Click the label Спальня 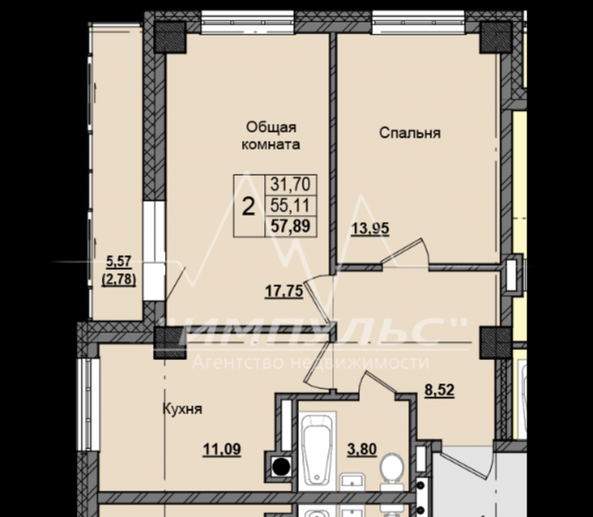tap(410, 133)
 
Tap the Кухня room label tap(182, 409)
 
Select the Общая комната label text tap(271, 136)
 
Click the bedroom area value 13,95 tap(371, 229)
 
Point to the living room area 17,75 tap(284, 291)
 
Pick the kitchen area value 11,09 tap(222, 450)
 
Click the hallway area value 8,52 tap(439, 390)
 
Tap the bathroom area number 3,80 tap(362, 449)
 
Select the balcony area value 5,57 tap(119, 261)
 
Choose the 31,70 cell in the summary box tap(290, 185)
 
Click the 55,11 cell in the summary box tap(290, 205)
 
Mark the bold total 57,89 tap(290, 226)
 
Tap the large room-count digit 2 tap(248, 207)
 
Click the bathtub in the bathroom tap(317, 451)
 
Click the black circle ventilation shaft tap(281, 467)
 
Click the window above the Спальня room tap(418, 22)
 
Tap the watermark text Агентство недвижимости tap(311, 362)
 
